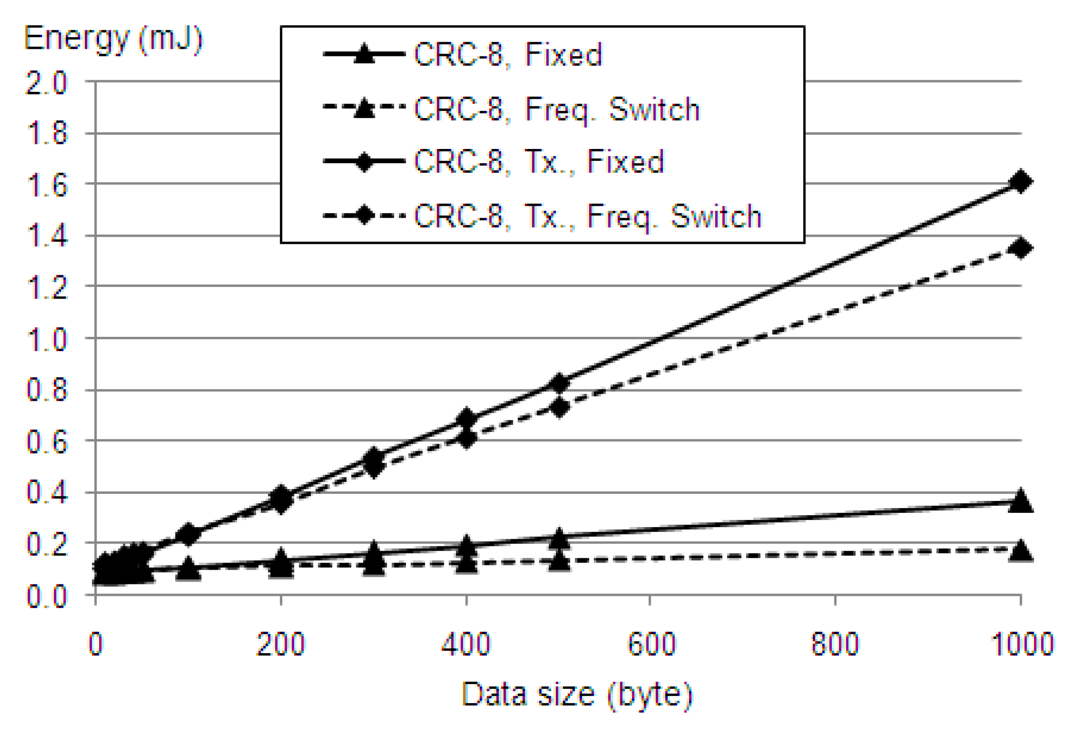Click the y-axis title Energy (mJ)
point(113,40)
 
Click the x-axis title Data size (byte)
point(577,695)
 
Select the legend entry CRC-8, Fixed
point(507,55)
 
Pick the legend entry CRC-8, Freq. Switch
point(556,109)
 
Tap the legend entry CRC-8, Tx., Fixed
point(539,162)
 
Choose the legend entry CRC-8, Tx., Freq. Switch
point(587,216)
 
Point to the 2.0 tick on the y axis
point(46,83)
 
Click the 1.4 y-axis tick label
point(46,236)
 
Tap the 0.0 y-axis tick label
point(46,596)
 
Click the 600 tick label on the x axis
point(651,644)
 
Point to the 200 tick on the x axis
point(280,644)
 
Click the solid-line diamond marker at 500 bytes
point(560,382)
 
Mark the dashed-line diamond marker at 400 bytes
point(467,438)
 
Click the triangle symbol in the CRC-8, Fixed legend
point(364,54)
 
